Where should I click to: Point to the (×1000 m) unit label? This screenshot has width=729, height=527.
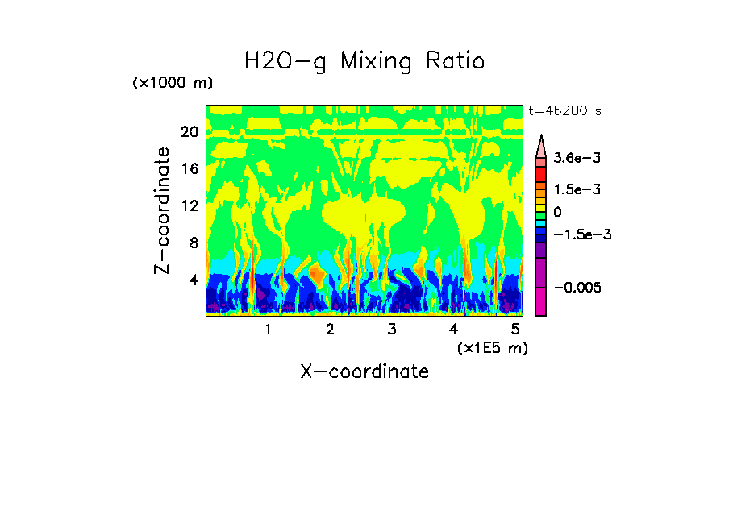pos(173,83)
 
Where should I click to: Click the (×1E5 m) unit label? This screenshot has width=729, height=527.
pos(492,347)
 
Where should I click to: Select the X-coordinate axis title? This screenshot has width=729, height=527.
pos(364,371)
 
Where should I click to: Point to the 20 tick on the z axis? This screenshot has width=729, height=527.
pos(189,132)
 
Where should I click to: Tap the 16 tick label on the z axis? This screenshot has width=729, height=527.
pos(189,169)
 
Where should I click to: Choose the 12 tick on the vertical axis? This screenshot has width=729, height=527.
pos(189,206)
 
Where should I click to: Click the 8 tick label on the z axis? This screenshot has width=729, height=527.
pos(193,243)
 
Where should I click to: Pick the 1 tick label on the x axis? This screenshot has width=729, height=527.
pos(268,329)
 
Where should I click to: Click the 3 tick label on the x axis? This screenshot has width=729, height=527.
pos(391,329)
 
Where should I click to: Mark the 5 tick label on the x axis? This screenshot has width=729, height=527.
pos(515,329)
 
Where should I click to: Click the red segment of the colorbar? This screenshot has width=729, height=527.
pos(541,174)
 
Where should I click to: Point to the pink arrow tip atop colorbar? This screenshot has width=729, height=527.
pos(541,146)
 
